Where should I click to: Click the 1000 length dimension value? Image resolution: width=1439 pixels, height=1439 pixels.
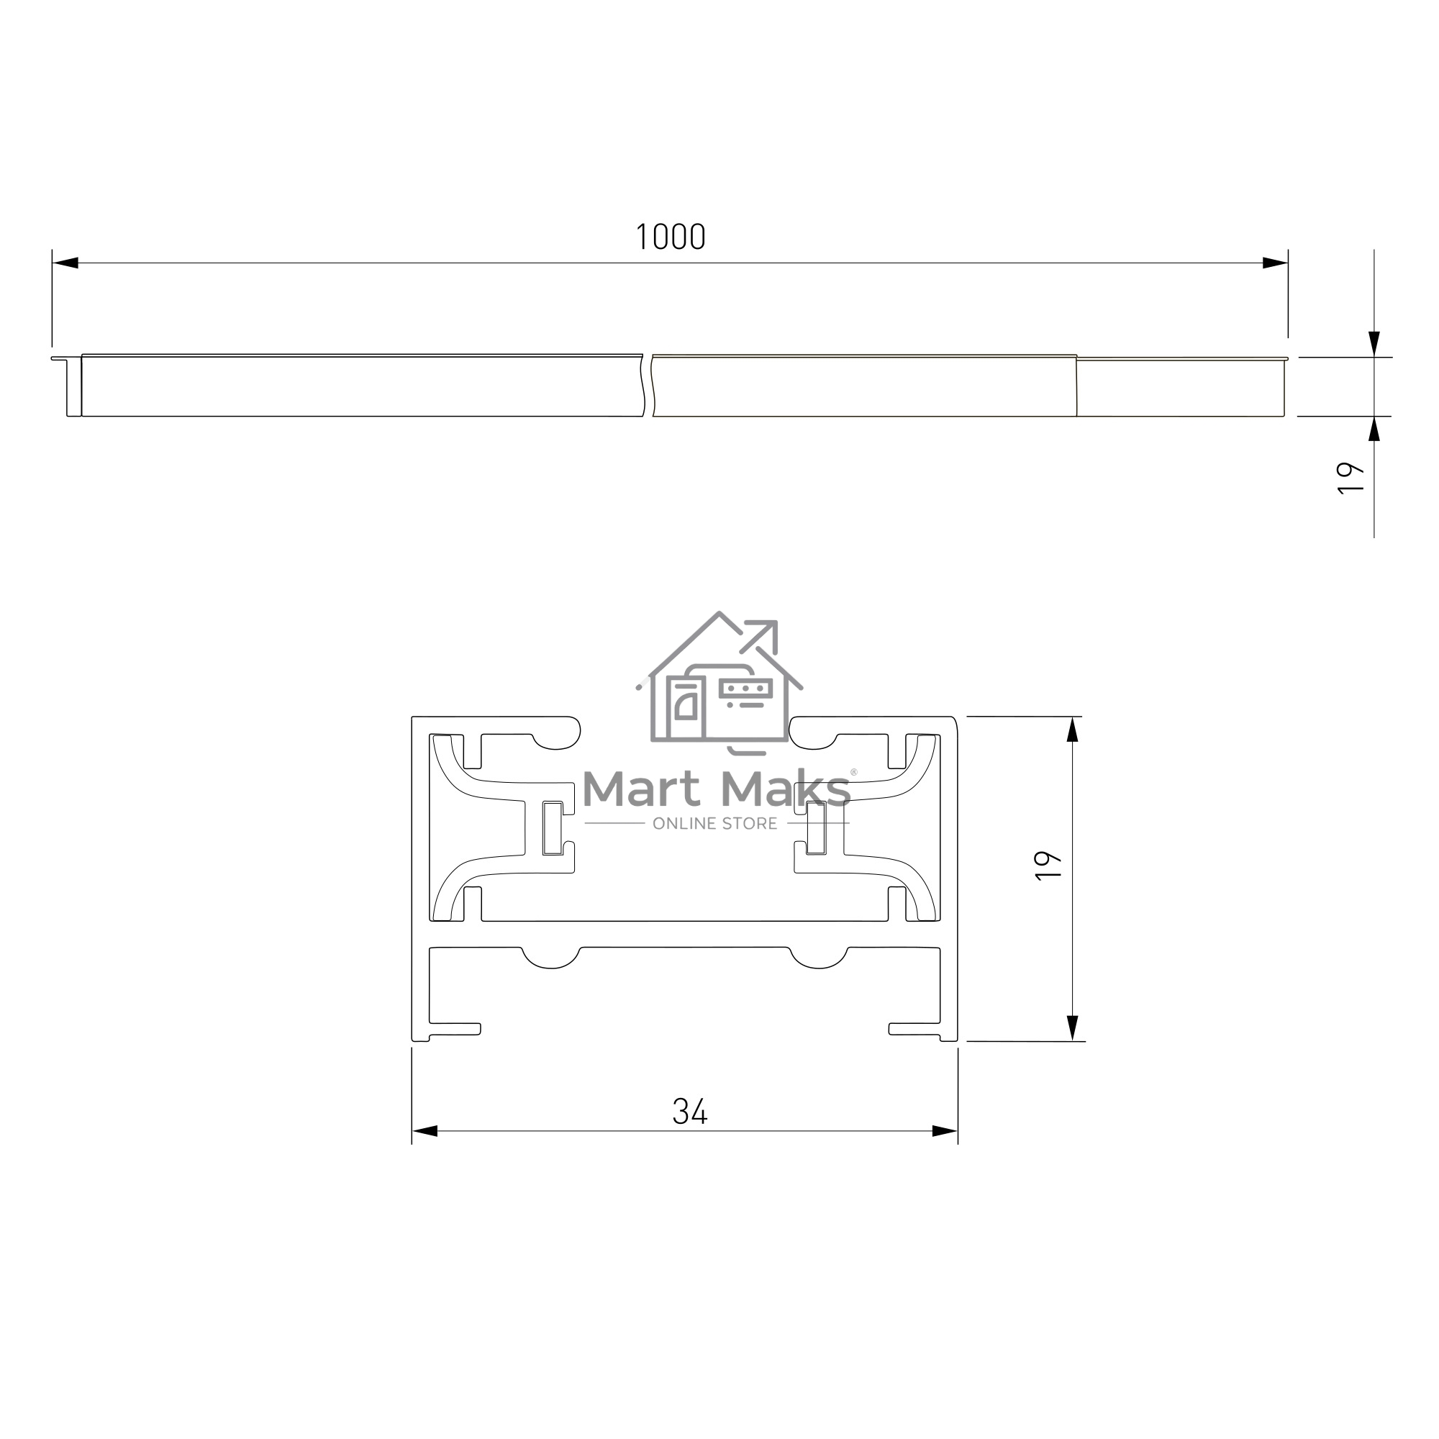[671, 237]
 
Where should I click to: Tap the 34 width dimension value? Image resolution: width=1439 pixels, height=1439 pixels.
[690, 1112]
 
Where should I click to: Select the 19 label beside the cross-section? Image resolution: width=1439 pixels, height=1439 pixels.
[1049, 866]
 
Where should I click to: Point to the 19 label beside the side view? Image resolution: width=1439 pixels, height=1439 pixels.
[1351, 478]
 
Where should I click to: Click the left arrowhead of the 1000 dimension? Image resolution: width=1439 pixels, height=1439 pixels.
[65, 263]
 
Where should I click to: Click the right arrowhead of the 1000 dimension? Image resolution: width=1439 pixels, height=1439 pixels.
[1274, 263]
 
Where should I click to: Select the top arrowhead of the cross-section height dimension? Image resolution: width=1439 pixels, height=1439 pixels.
[1073, 730]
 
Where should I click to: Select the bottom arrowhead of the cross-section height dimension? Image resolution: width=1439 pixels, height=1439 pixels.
[1073, 1028]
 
